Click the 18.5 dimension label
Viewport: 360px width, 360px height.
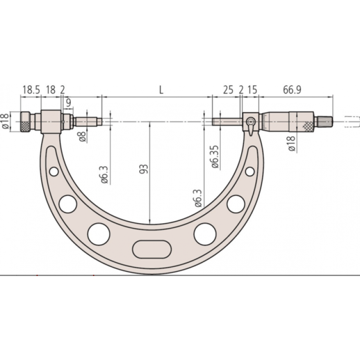[31, 90]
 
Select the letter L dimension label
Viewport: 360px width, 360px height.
[161, 89]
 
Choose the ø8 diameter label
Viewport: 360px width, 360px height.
[83, 136]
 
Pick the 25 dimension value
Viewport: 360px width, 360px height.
[228, 90]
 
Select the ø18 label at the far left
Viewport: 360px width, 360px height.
[5, 121]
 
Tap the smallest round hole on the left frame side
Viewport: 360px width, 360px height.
[54, 171]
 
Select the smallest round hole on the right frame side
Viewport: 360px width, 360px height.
[250, 171]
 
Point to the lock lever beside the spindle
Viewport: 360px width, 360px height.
[251, 124]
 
